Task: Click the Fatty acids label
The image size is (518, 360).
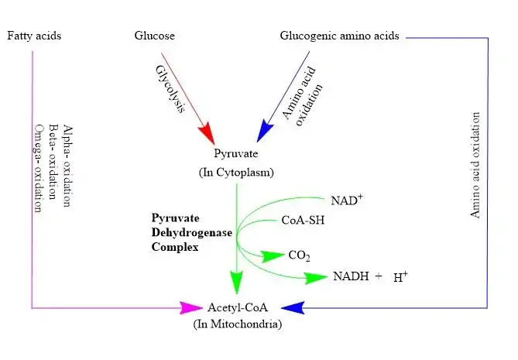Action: (33, 36)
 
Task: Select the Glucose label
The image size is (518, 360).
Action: (155, 36)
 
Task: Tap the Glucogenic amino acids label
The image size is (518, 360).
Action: (340, 36)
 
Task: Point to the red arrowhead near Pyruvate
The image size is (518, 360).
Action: (207, 134)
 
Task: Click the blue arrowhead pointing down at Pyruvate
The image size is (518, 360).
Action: (265, 132)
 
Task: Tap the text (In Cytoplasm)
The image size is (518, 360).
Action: (238, 171)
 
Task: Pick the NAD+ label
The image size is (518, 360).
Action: (345, 201)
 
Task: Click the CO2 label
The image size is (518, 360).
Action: (299, 255)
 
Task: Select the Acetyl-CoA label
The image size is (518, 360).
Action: (236, 307)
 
